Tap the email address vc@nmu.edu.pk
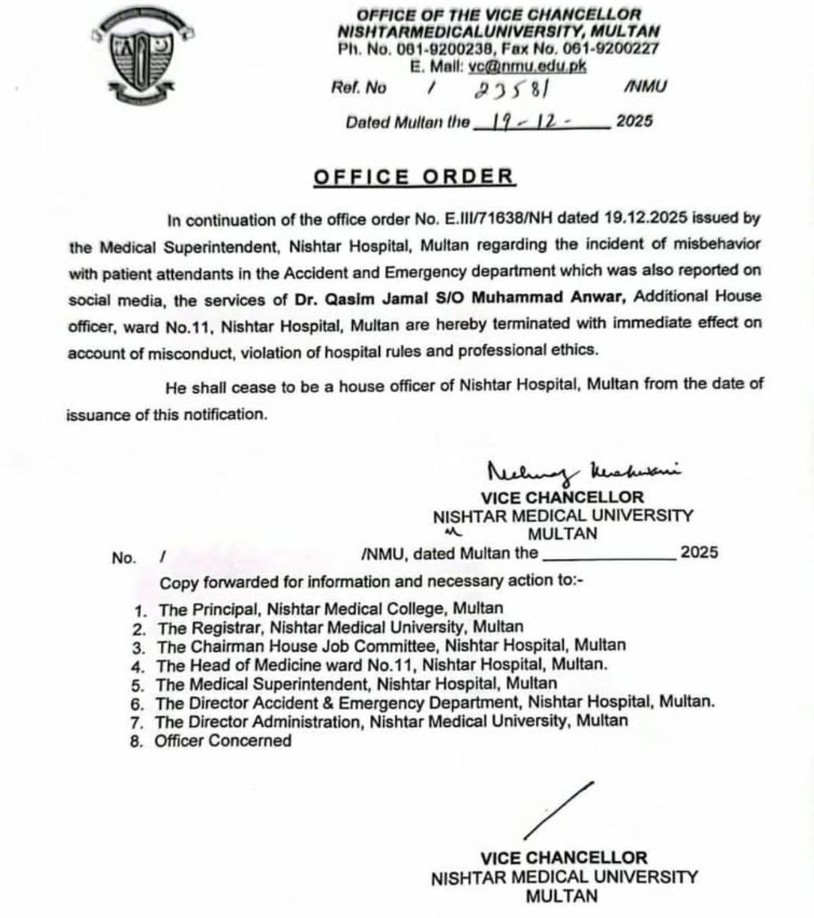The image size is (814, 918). pos(526,66)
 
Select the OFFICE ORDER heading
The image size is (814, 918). pos(414,177)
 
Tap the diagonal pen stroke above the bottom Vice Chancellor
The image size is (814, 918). pos(559,811)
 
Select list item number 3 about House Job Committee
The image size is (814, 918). pos(391,645)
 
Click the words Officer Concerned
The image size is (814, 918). pos(222,740)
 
